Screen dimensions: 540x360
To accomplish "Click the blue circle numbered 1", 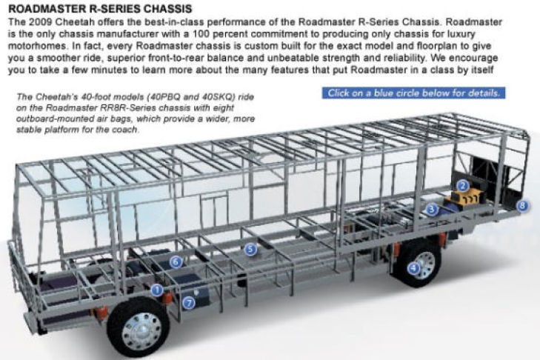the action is pos(157,290).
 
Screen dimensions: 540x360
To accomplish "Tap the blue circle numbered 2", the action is pos(463,186).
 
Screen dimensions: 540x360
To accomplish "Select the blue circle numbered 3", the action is pos(432,209).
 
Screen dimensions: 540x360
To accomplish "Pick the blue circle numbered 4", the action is pos(413,268).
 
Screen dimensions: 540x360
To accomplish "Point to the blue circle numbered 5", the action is pos(250,250).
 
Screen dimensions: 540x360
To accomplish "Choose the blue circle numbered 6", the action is pos(176,262).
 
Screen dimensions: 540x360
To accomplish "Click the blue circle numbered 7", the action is pos(188,303).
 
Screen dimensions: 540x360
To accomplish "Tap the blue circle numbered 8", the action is pos(522,206).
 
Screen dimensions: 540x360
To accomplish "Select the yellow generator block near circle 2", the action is pos(465,199).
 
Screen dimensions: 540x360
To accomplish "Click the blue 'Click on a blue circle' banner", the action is pos(413,93).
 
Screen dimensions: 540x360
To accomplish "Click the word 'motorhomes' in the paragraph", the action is pos(37,46).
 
